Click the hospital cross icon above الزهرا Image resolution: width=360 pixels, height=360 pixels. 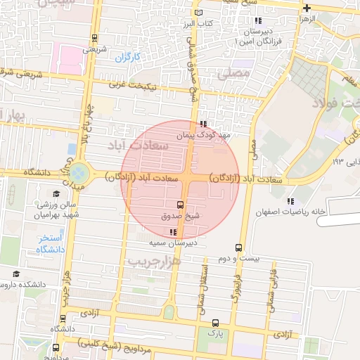pos(307,8)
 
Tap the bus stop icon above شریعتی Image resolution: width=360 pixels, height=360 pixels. pos(95,39)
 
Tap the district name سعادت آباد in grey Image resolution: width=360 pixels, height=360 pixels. pos(137,145)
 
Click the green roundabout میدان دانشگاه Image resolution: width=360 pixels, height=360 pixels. pos(79,172)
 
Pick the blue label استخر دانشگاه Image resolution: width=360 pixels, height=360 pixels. pos(50,244)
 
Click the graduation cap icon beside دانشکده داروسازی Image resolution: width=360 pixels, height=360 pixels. pos(16,274)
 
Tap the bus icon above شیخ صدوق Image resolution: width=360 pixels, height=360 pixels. pos(181,205)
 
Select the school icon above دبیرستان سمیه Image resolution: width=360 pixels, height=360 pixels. pos(173,233)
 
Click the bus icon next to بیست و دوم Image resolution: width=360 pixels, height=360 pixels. pos(239,247)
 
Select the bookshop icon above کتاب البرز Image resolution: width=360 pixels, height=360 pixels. pos(203,14)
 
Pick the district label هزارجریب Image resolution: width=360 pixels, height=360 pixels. pos(154,260)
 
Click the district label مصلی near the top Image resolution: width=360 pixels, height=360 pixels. pos(235,72)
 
